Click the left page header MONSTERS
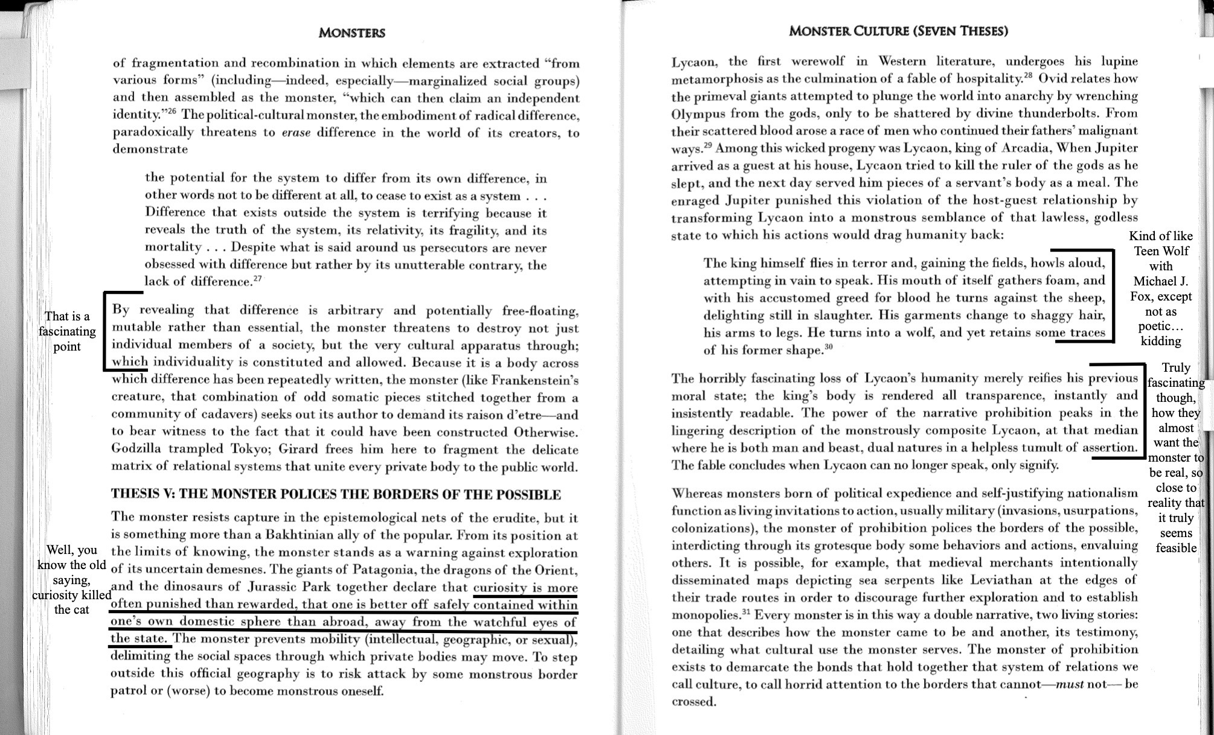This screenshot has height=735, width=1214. pos(352,33)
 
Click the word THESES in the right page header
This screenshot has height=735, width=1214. pos(977,31)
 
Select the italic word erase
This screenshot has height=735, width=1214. pos(296,133)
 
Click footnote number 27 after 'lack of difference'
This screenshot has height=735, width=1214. pos(258,278)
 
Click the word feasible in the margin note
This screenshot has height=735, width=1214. pos(1175,548)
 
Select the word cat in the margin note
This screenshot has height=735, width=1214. pos(80,609)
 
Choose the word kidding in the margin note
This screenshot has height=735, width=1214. pos(1160,341)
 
